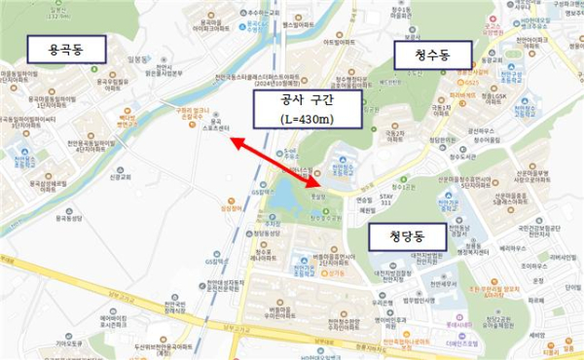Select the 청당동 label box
tap(405, 235)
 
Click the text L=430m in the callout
tap(305, 120)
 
